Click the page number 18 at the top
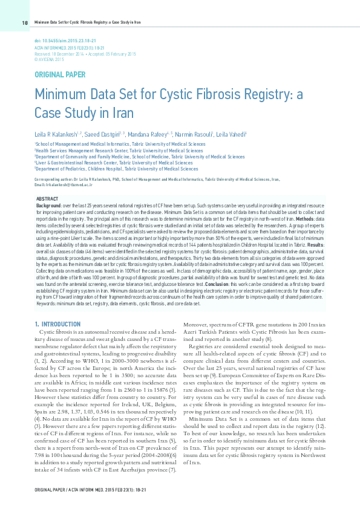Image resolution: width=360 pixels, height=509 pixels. coord(25,23)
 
